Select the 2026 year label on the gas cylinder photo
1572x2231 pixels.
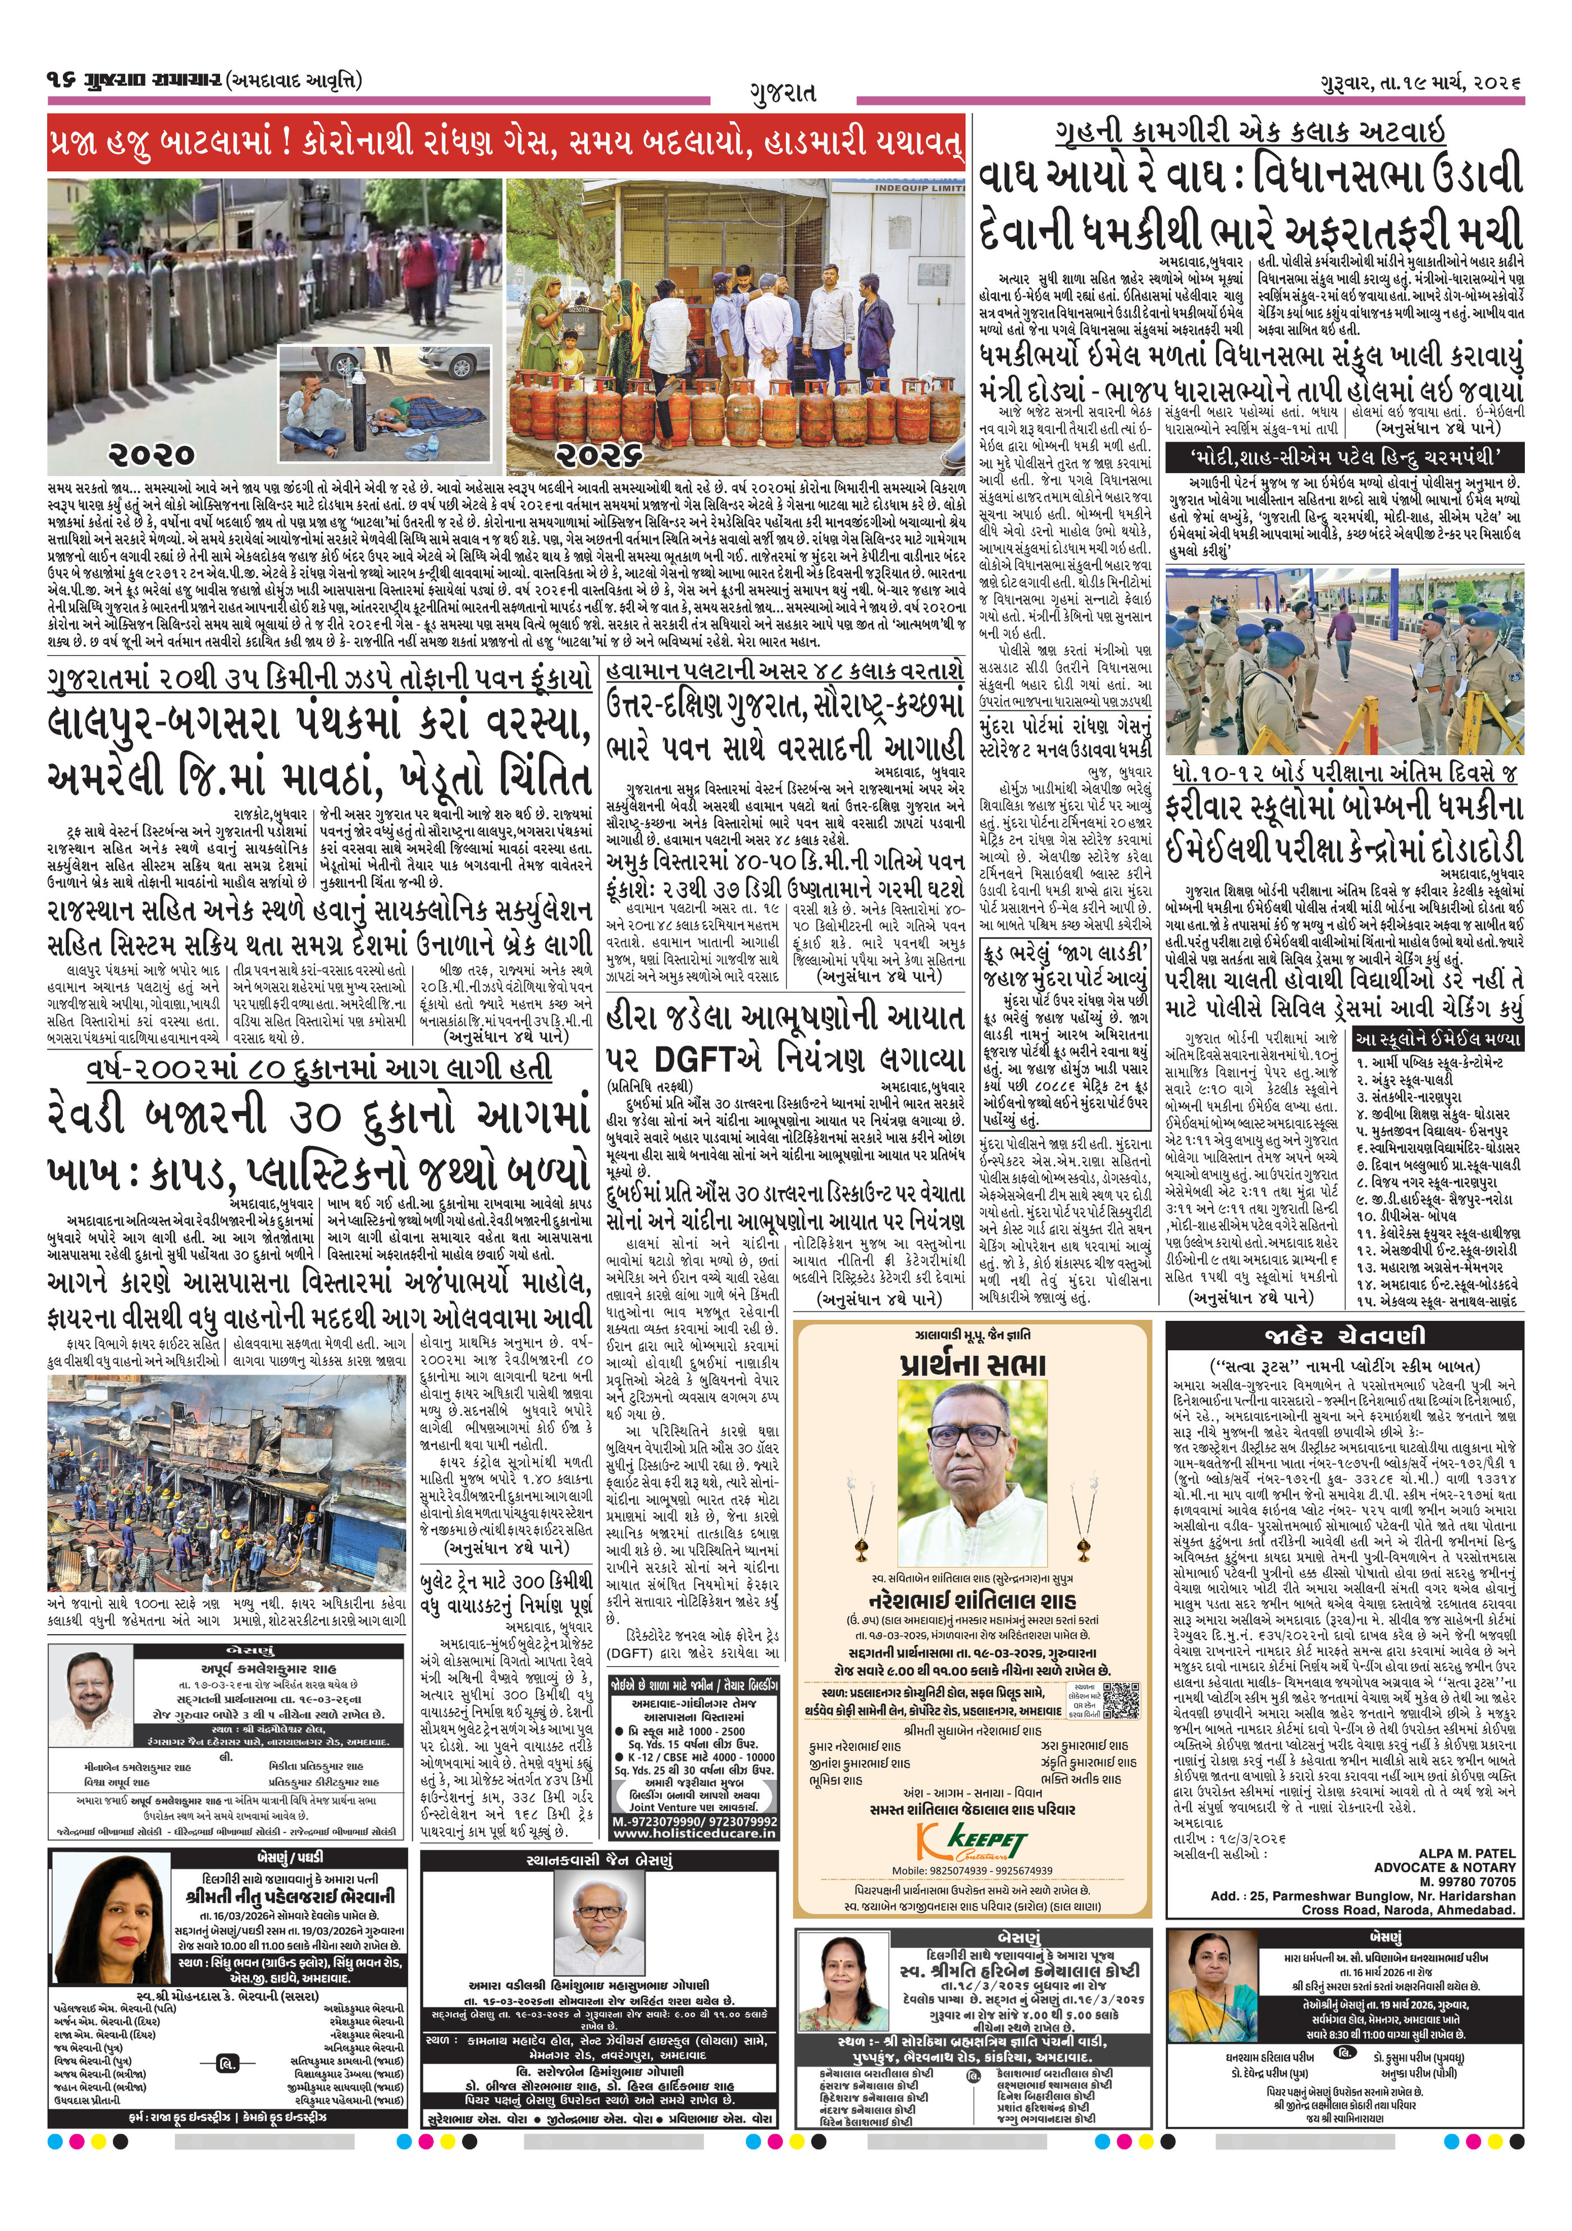600,454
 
